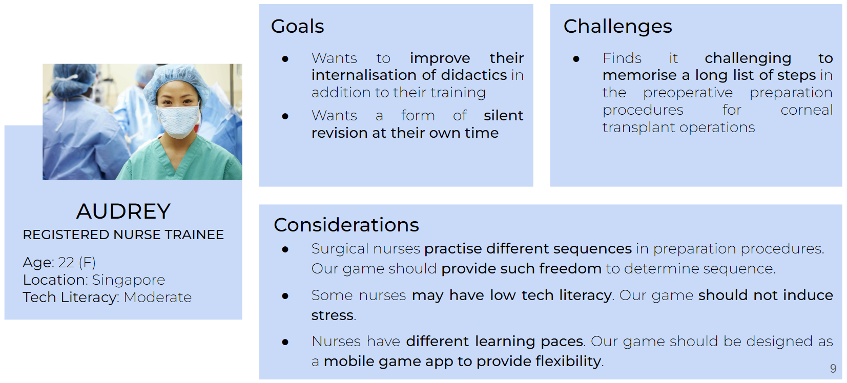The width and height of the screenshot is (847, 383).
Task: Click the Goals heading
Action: click(297, 27)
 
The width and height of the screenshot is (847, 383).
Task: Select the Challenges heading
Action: click(617, 27)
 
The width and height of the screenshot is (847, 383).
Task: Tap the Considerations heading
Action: click(346, 225)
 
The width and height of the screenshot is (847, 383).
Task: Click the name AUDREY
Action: click(123, 211)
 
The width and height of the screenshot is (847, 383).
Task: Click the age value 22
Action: click(66, 262)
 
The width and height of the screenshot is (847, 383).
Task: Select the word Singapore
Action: click(128, 280)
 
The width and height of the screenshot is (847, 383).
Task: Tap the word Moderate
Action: click(157, 297)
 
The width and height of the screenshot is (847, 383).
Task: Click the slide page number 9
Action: click(833, 368)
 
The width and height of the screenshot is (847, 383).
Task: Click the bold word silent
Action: click(503, 116)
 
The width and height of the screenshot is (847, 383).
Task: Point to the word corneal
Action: click(807, 110)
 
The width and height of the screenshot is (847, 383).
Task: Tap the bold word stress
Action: click(333, 315)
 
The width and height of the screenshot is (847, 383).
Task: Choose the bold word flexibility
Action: click(568, 361)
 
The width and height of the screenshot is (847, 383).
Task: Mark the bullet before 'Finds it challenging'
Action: click(576, 59)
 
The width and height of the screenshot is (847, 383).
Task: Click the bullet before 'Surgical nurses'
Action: click(285, 249)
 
